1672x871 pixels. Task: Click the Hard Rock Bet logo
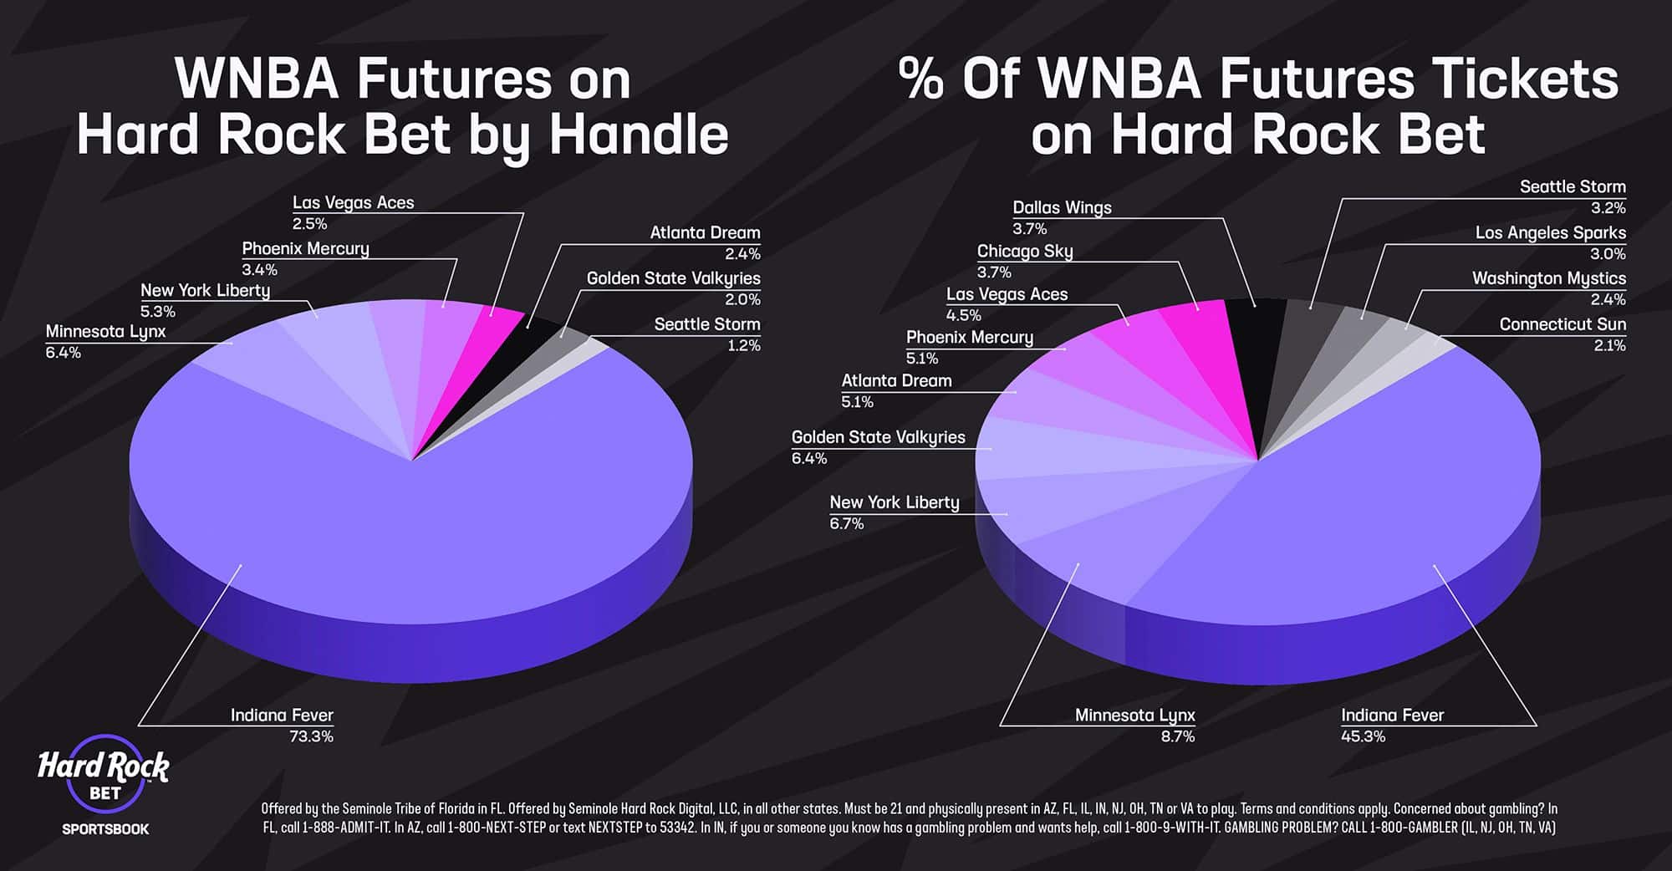[x=104, y=775]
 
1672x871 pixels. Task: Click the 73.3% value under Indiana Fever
[x=311, y=736]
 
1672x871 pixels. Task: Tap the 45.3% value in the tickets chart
[x=1363, y=736]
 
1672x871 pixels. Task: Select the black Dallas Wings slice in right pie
[x=1254, y=334]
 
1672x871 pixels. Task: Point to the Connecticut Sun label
[x=1562, y=324]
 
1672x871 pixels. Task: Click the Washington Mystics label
[x=1548, y=278]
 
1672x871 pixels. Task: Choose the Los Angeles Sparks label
[x=1550, y=233]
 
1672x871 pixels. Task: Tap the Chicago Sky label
[x=1024, y=252]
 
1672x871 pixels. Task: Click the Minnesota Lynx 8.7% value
[x=1177, y=736]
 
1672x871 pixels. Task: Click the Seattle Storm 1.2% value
[x=743, y=345]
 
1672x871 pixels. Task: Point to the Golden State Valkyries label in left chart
[x=673, y=278]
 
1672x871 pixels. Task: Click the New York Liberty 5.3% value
[x=158, y=312]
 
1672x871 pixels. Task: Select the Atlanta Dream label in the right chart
[x=896, y=381]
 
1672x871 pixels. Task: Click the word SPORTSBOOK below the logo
[x=105, y=829]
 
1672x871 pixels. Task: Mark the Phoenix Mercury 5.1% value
[x=922, y=359]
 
